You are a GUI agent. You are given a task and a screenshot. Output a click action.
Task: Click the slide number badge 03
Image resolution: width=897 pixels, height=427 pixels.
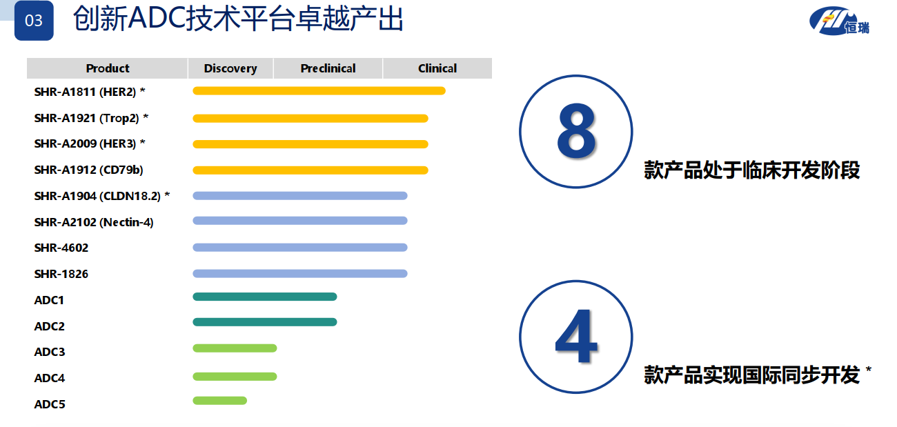[34, 21]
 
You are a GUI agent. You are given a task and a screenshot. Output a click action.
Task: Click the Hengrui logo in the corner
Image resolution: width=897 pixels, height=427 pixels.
[839, 21]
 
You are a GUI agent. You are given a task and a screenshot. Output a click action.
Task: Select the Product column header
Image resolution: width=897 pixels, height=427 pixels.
[108, 68]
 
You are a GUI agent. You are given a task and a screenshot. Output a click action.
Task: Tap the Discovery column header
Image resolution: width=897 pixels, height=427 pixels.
[230, 68]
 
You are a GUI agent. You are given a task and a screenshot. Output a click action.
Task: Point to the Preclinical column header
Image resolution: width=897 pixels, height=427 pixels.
[328, 68]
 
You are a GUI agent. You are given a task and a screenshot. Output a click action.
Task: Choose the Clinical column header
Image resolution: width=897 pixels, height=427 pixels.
[437, 68]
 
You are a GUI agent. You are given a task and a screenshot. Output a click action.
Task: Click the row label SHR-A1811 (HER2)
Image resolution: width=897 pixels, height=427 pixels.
[86, 92]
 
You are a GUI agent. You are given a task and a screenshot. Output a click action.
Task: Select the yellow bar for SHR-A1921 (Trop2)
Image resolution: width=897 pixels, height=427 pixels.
[310, 119]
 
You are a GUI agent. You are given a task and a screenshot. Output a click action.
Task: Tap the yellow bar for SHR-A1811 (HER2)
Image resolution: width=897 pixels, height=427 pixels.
[319, 91]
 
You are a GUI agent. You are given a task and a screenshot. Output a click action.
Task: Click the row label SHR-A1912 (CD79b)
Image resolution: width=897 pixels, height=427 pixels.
[88, 170]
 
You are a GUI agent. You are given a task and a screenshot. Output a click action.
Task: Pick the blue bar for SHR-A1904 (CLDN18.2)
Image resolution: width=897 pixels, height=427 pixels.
[300, 196]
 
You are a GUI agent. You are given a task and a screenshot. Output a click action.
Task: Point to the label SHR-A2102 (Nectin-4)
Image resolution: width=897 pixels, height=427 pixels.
[94, 222]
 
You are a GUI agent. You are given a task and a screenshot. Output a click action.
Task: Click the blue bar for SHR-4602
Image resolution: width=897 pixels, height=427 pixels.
[300, 248]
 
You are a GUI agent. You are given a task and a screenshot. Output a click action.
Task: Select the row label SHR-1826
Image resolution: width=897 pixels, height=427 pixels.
[61, 274]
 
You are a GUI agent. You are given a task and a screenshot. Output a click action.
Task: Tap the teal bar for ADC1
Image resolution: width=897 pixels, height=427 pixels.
[265, 297]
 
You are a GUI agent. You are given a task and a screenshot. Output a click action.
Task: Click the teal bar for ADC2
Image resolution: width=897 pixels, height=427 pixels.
[265, 322]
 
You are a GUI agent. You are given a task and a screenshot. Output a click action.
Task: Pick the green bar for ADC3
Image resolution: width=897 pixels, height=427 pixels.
[235, 348]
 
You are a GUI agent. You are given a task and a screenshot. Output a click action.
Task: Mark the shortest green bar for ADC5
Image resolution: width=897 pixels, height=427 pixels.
[220, 401]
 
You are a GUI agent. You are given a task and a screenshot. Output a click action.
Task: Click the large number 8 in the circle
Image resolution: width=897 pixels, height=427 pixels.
[576, 130]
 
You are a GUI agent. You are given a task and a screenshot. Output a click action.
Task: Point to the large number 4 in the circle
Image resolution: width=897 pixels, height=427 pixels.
[576, 336]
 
